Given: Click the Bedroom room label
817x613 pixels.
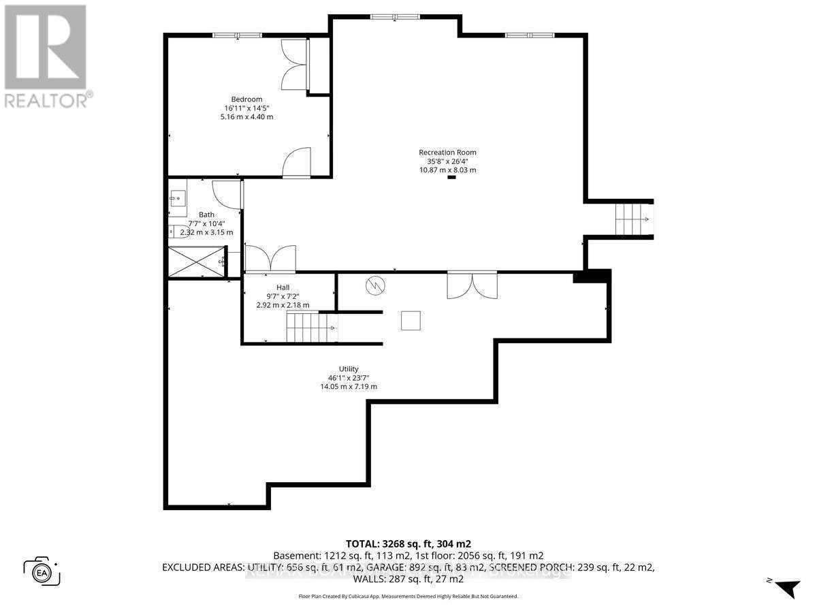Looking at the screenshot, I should pyautogui.click(x=246, y=99).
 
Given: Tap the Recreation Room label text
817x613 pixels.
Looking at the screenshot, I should pyautogui.click(x=447, y=153).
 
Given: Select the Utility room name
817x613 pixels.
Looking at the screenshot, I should pyautogui.click(x=349, y=368).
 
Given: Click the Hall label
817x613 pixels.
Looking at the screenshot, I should pyautogui.click(x=283, y=287).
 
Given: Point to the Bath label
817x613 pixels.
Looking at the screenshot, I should pyautogui.click(x=206, y=215).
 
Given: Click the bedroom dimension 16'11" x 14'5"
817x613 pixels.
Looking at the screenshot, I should pyautogui.click(x=246, y=108).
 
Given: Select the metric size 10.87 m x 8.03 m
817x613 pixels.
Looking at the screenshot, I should pyautogui.click(x=447, y=170).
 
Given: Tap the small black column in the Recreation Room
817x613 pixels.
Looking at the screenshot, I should pyautogui.click(x=451, y=178).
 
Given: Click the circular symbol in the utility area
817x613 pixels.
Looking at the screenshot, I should pyautogui.click(x=375, y=286).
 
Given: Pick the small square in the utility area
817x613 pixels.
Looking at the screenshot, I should pyautogui.click(x=411, y=320).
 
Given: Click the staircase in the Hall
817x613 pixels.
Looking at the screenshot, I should pyautogui.click(x=310, y=328).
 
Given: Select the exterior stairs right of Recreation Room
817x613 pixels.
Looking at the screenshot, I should pyautogui.click(x=633, y=219).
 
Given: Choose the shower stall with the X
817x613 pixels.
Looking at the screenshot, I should pyautogui.click(x=196, y=262).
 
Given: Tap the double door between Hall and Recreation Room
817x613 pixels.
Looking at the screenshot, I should pyautogui.click(x=270, y=259).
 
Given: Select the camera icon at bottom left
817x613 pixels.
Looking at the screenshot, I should pyautogui.click(x=42, y=571).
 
